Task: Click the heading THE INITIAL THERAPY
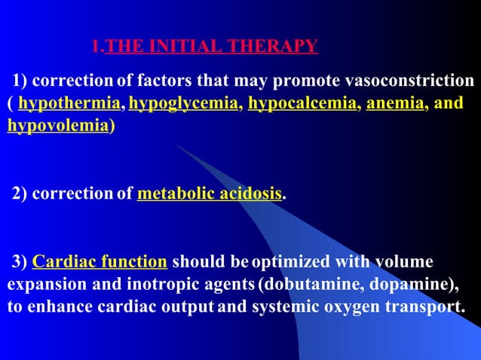click(212, 47)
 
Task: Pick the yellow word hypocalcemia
click(302, 103)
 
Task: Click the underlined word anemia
click(394, 103)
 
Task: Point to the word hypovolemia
click(57, 126)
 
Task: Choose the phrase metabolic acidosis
click(210, 194)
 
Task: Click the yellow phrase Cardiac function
click(100, 262)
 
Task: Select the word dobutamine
click(301, 285)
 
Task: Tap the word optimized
click(290, 262)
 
